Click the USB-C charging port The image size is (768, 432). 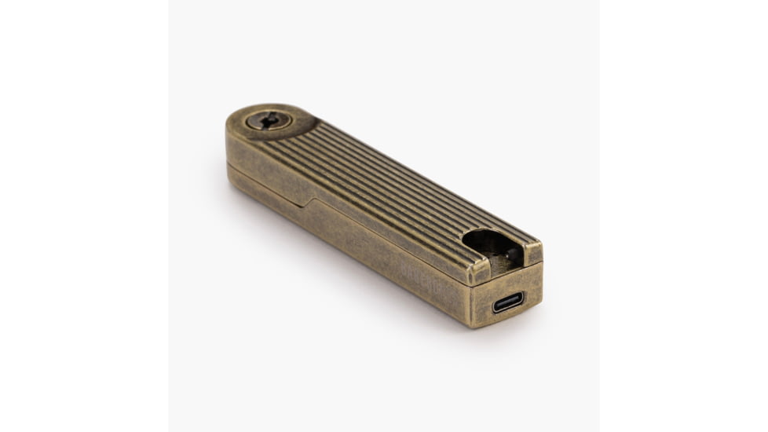[x=508, y=302]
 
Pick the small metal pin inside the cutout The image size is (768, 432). [x=508, y=253]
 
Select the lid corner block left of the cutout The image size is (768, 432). [x=479, y=271]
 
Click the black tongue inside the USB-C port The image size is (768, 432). [x=508, y=302]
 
